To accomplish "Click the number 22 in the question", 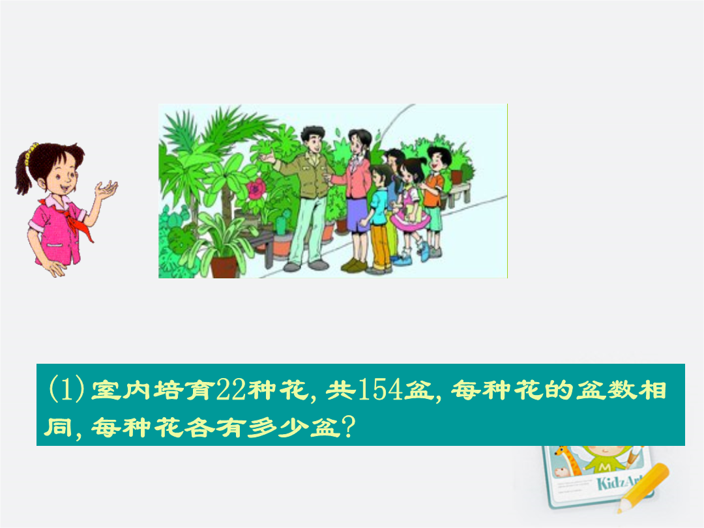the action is (231, 389).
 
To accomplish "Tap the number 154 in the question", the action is (380, 389).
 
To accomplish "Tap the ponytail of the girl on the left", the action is (23, 171).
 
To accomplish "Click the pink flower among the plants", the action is (256, 188).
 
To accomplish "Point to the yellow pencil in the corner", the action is (643, 487).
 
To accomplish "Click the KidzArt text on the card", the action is (620, 483).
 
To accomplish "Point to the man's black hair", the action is (312, 134).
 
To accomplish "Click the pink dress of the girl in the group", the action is (409, 209).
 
